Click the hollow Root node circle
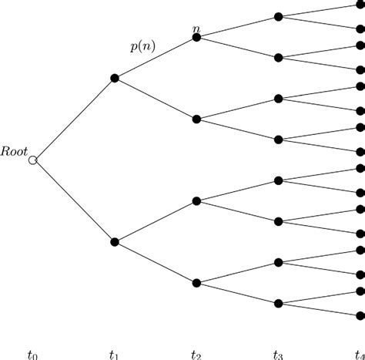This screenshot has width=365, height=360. [33, 160]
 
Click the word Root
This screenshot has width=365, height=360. [14, 152]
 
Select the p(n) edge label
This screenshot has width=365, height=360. [142, 47]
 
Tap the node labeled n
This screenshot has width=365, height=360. [196, 38]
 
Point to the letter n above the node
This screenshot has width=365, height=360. [196, 29]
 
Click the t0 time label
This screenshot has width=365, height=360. [32, 355]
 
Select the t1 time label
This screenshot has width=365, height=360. [114, 355]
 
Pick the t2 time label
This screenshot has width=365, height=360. [196, 355]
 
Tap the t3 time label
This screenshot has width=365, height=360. [278, 355]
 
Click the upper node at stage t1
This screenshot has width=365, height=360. [115, 78]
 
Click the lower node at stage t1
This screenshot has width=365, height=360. [115, 242]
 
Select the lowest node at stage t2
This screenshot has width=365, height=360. [196, 283]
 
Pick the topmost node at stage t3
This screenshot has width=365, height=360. [279, 17]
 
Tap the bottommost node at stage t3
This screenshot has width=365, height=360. [279, 304]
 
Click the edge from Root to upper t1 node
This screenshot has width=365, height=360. [74, 119]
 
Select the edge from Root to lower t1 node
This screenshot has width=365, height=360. [74, 201]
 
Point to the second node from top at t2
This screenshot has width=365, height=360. [196, 119]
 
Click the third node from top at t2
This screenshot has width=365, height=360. [196, 201]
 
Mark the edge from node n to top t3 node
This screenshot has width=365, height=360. [237, 27]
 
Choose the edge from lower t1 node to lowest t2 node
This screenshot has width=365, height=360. [156, 262]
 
